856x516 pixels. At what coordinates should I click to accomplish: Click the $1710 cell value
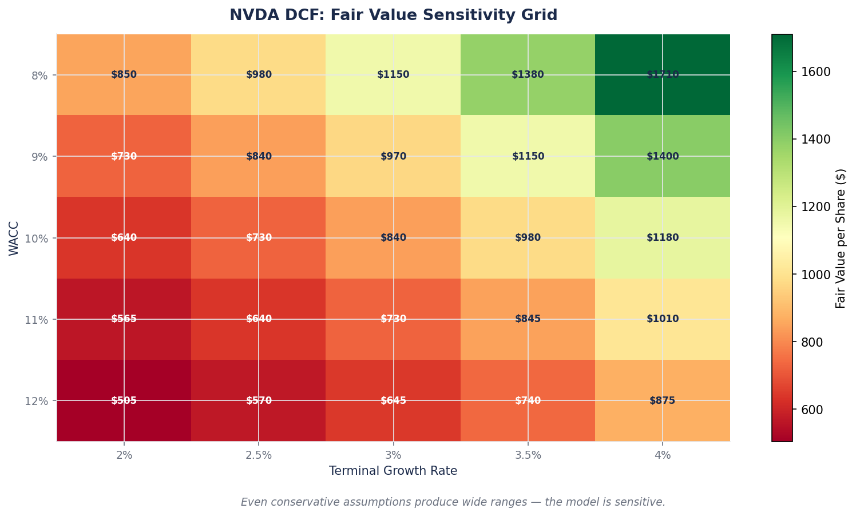(x=662, y=75)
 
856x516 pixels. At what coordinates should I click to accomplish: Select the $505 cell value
(x=124, y=400)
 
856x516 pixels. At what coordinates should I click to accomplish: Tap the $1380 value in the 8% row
(x=528, y=75)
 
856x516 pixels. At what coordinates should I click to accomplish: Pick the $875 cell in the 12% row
(x=662, y=400)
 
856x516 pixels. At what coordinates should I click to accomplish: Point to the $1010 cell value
(x=662, y=319)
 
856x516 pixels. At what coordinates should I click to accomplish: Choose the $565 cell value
(x=124, y=319)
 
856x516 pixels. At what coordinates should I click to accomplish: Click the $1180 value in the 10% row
(x=662, y=238)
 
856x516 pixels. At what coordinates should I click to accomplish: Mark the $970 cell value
(x=393, y=156)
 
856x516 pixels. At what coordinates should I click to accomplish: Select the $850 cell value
(x=124, y=75)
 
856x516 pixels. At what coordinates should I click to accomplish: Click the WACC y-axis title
(x=14, y=238)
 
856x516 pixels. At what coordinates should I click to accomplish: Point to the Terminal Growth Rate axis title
(x=393, y=471)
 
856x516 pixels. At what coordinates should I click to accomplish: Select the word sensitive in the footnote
(x=643, y=502)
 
